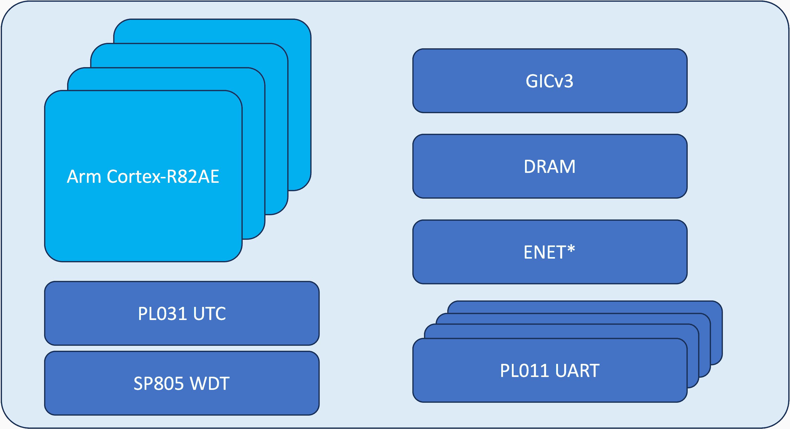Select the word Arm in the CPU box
[84, 177]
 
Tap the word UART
[577, 371]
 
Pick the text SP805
[158, 383]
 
